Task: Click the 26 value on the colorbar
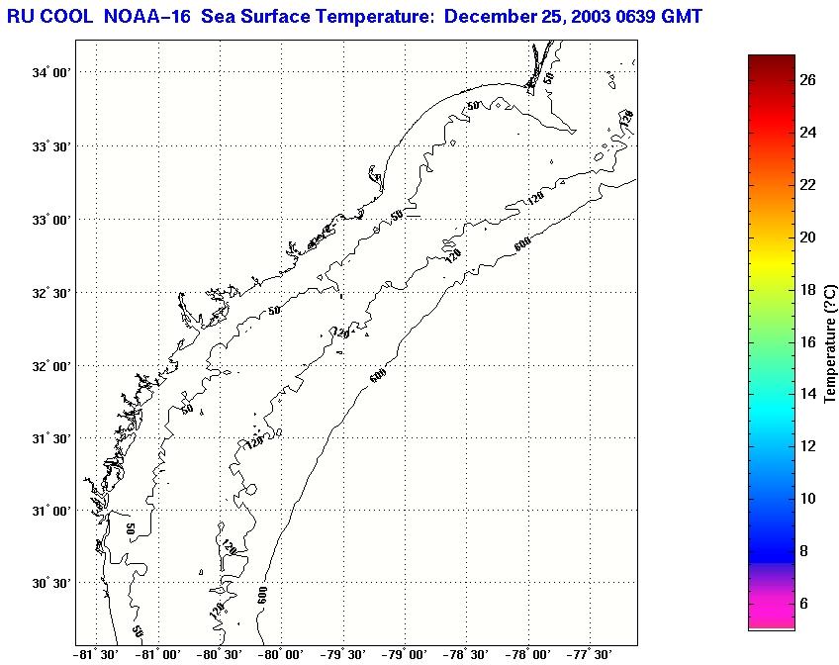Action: [x=807, y=81]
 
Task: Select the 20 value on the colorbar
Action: [x=807, y=237]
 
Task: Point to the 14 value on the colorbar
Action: [x=807, y=394]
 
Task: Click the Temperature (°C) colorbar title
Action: [x=830, y=341]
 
